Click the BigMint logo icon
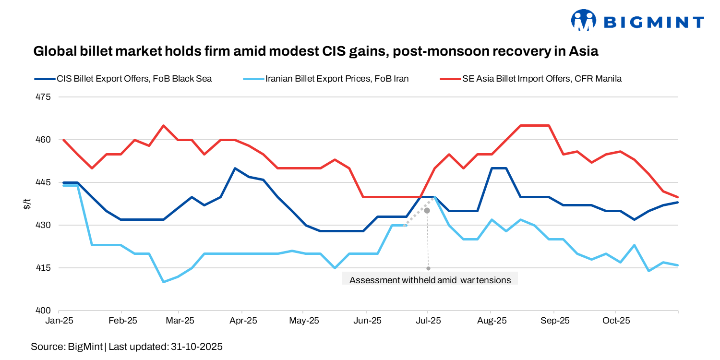coord(583,21)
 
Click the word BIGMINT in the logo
coord(653,22)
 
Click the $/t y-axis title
coord(27,204)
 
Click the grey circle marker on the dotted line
coord(427,210)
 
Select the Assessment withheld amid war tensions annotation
coord(430,280)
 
